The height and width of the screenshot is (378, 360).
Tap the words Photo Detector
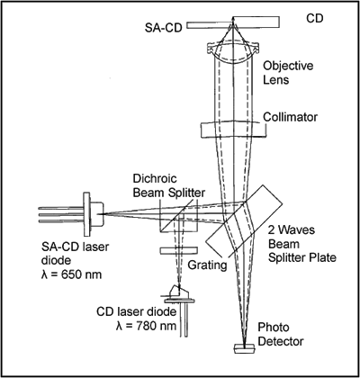click(281, 334)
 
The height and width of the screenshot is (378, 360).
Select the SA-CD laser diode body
click(94, 214)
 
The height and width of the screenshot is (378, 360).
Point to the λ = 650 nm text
click(71, 274)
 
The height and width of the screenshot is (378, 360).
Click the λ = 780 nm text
click(146, 326)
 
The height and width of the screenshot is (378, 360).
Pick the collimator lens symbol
click(233, 130)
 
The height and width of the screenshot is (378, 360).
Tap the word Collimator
click(290, 117)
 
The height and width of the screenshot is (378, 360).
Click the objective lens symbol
click(233, 51)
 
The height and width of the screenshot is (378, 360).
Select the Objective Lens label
click(288, 73)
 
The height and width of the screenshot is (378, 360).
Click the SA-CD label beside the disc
click(164, 28)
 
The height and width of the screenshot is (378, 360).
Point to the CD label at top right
click(315, 19)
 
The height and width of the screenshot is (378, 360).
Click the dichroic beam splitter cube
click(179, 215)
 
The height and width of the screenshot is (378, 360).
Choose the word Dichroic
click(155, 179)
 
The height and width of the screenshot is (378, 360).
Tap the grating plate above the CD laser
click(179, 251)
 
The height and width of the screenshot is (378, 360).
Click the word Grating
click(207, 265)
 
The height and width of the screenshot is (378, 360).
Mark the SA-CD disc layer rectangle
click(210, 26)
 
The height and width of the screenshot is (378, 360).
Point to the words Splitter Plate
click(302, 257)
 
